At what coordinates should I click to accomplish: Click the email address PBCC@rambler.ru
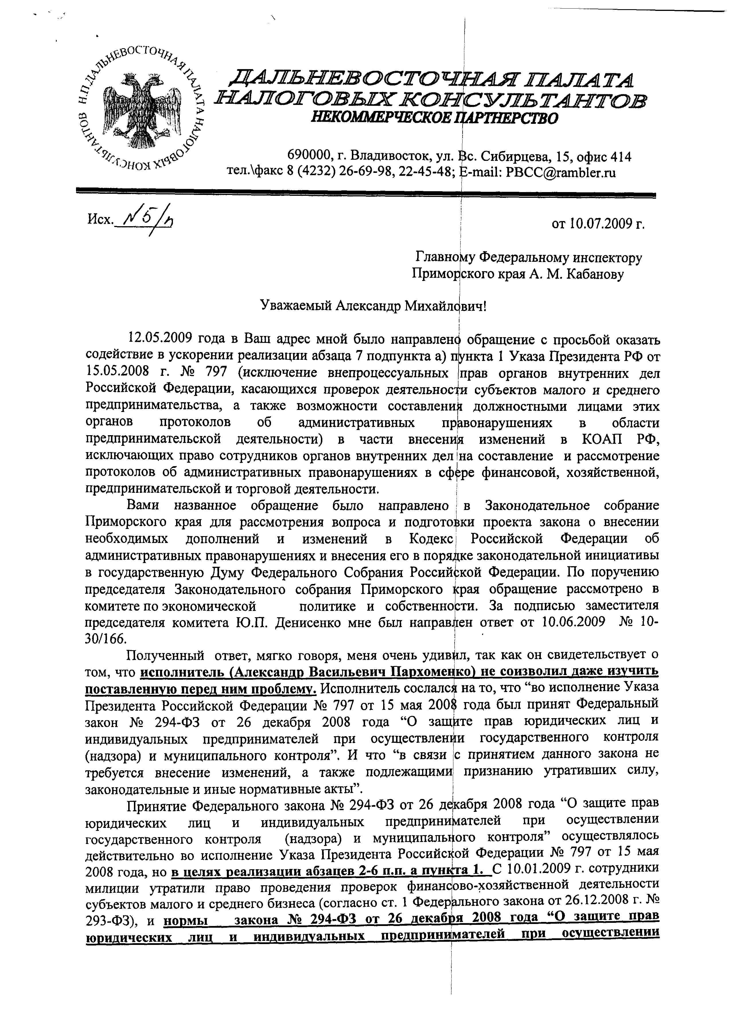[x=560, y=173]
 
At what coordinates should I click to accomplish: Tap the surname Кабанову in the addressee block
[x=595, y=274]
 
